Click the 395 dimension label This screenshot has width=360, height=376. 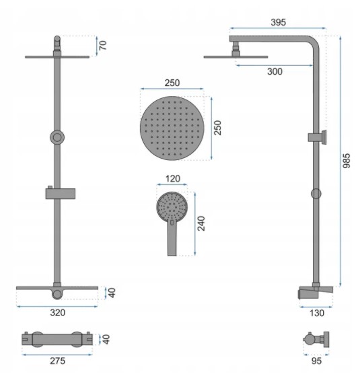[x=278, y=22]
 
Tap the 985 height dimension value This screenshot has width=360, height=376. [x=346, y=161]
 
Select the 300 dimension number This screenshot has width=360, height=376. [x=275, y=71]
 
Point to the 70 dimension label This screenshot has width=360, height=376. [x=103, y=45]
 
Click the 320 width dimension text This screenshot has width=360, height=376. [x=58, y=313]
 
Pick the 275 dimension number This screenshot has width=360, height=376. [x=58, y=361]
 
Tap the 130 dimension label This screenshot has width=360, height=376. [x=317, y=313]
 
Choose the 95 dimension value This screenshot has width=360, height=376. [x=316, y=361]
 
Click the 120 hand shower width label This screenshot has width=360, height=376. [x=173, y=179]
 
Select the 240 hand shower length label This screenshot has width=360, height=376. [x=201, y=223]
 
